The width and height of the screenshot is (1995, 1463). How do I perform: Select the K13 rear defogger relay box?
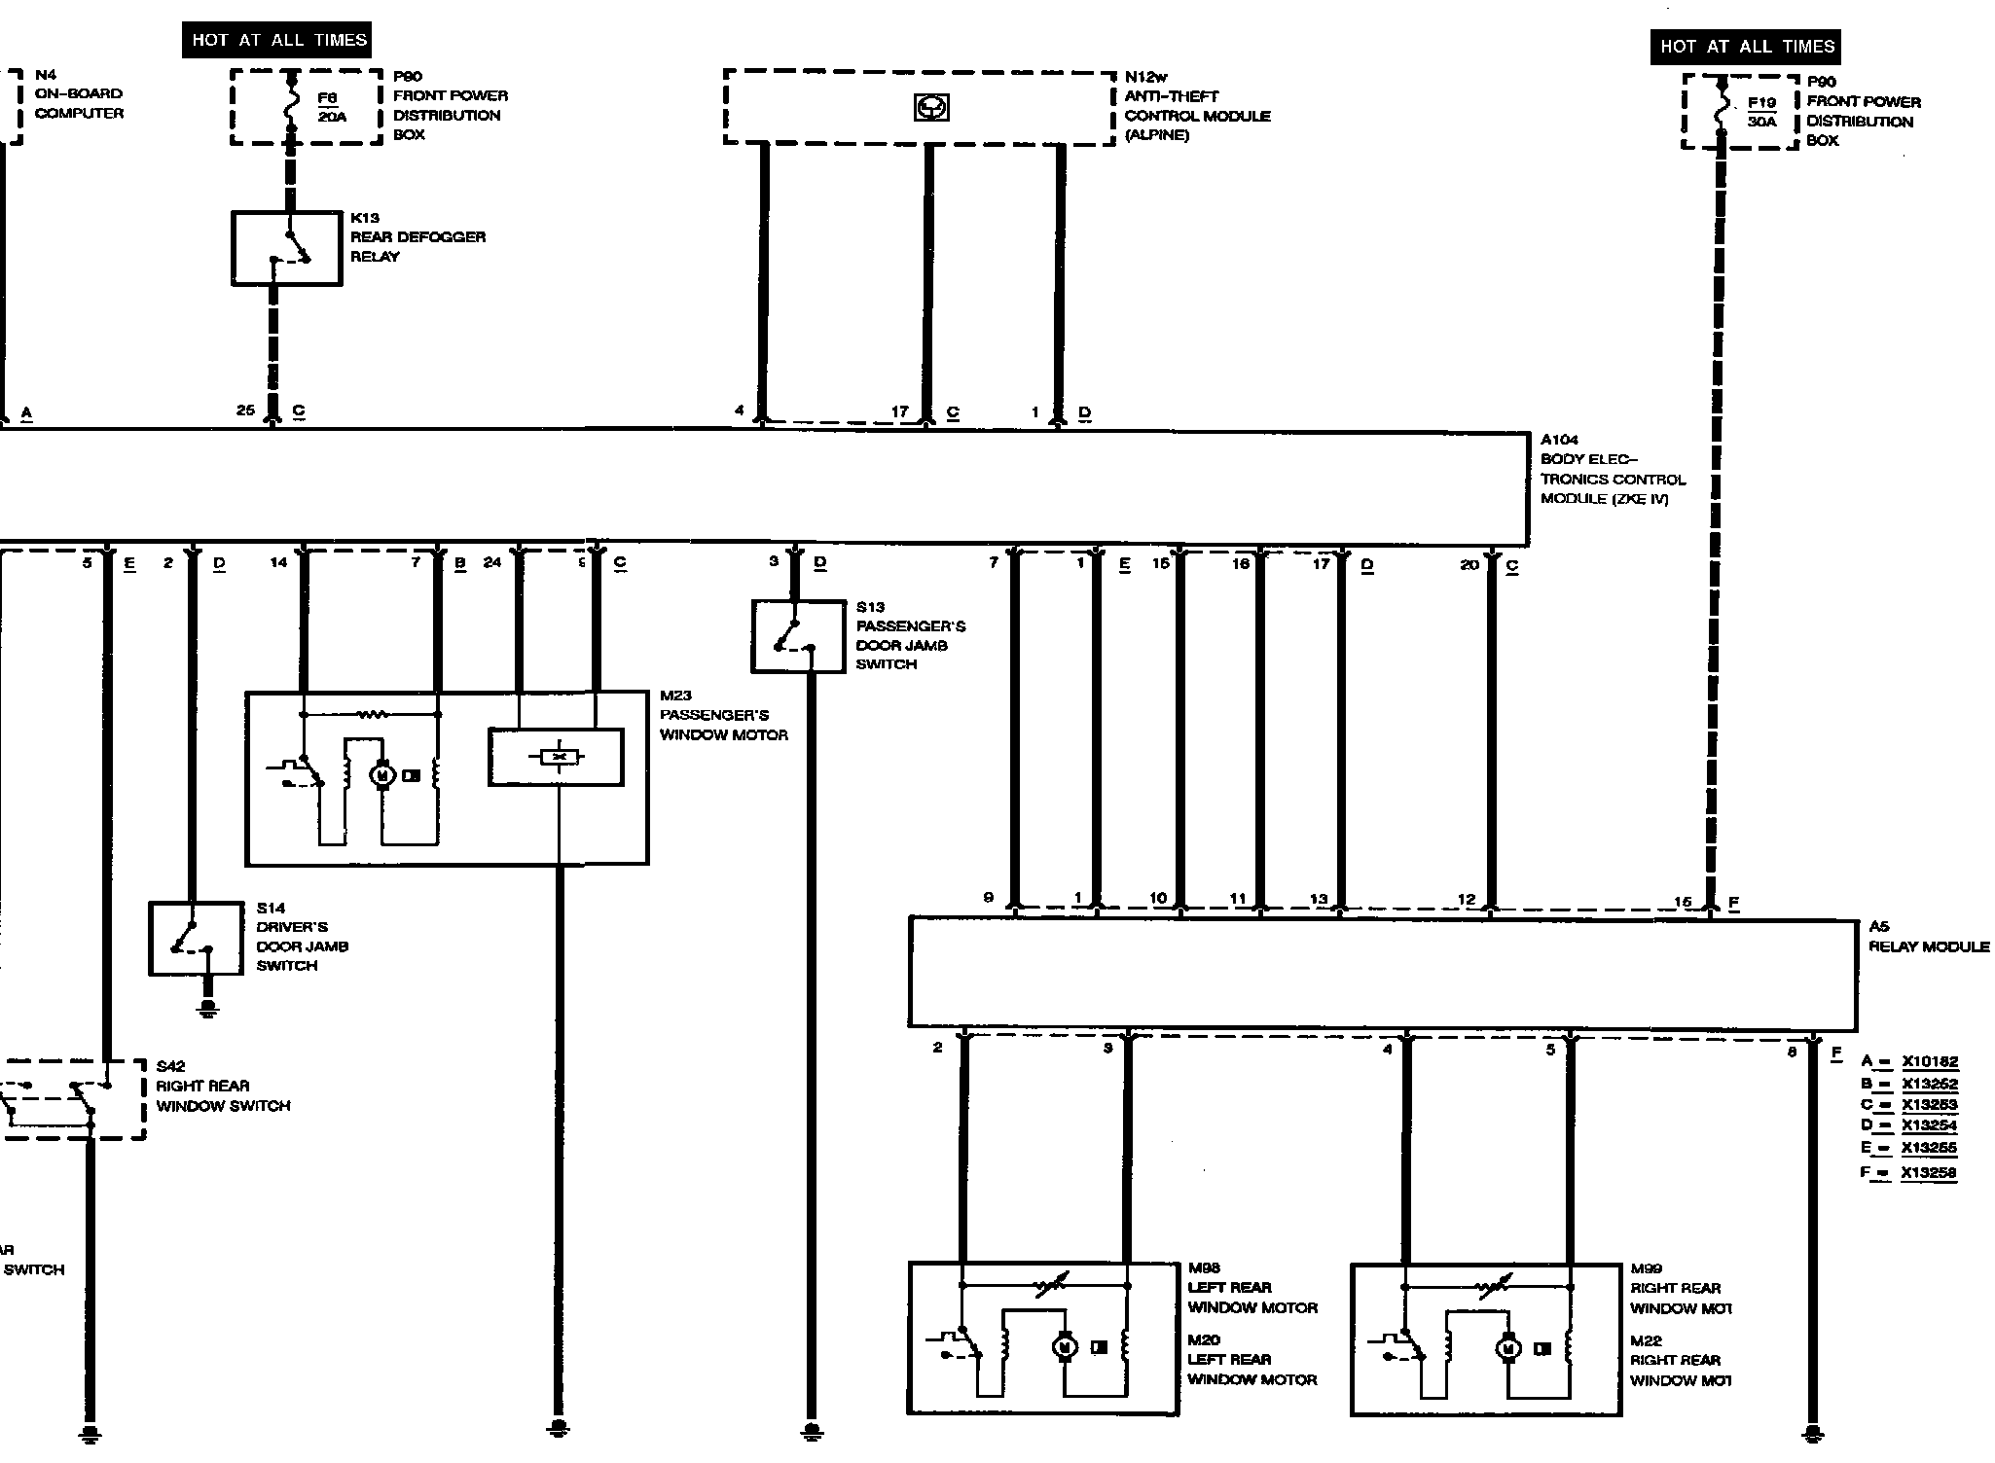click(287, 248)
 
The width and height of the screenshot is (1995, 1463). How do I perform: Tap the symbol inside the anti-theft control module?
click(931, 108)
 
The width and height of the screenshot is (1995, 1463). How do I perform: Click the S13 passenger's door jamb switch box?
click(798, 636)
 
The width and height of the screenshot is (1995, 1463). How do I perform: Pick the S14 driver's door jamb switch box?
click(196, 938)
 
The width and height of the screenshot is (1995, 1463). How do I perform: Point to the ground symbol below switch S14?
click(207, 1008)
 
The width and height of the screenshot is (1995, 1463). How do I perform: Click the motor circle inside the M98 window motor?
click(1064, 1347)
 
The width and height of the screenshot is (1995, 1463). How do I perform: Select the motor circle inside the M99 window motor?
click(1507, 1348)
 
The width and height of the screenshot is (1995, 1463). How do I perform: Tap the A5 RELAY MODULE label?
click(1928, 937)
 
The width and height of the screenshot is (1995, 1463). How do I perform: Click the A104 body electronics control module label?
click(1612, 469)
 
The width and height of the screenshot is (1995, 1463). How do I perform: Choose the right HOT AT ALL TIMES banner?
click(1746, 46)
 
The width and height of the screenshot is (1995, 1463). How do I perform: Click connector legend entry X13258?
click(1929, 1172)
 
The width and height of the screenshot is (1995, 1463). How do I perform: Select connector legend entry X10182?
click(1929, 1062)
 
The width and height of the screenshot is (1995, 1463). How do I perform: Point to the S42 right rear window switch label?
click(223, 1086)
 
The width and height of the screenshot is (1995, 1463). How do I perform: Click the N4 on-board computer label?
click(79, 93)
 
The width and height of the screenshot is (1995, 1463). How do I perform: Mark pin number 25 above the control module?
click(245, 410)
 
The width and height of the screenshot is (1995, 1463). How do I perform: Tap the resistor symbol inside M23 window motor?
click(372, 715)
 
